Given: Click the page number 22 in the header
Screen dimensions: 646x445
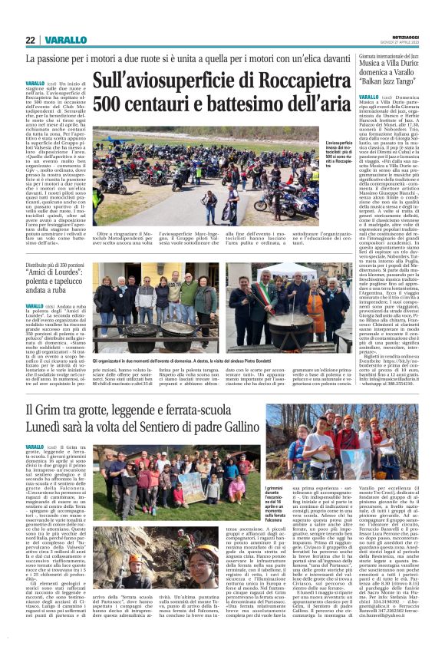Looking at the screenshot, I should coord(30,40).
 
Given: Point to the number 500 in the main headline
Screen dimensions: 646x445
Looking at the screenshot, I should coord(109,102).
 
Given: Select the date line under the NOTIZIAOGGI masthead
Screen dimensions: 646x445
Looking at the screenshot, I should coord(406,42).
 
